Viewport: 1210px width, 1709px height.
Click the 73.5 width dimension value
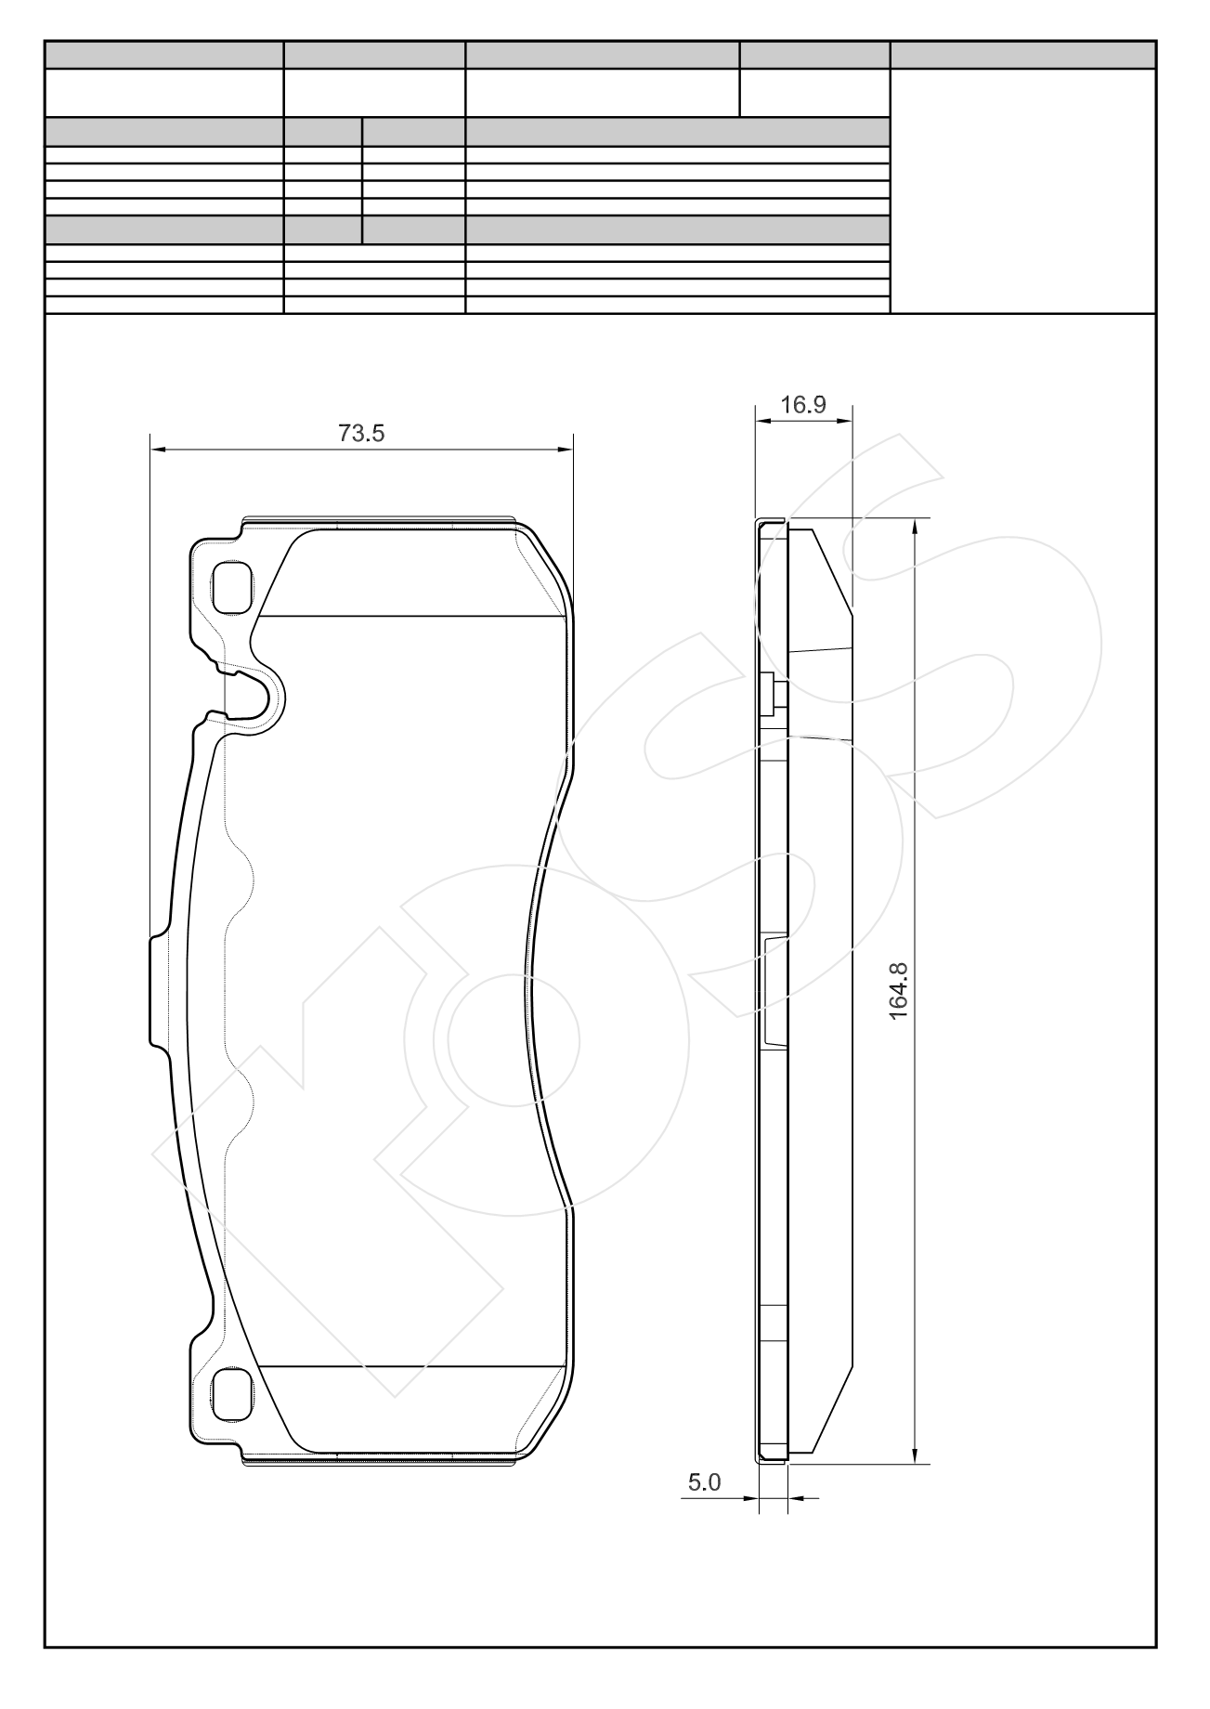[x=361, y=433]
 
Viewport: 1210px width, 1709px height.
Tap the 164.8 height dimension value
[x=898, y=991]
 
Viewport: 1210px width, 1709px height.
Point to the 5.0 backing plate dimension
[x=704, y=1482]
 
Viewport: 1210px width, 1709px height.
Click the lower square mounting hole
[x=231, y=1396]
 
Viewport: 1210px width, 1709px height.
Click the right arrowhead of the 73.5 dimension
[x=565, y=450]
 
